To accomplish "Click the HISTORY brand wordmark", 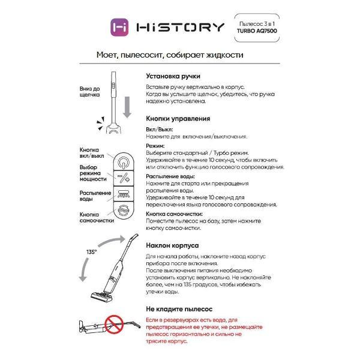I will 180,27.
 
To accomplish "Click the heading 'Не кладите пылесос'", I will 179,308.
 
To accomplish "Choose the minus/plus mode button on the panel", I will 123,178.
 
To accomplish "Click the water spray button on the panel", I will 123,194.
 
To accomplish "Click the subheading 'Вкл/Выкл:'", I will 159,129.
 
